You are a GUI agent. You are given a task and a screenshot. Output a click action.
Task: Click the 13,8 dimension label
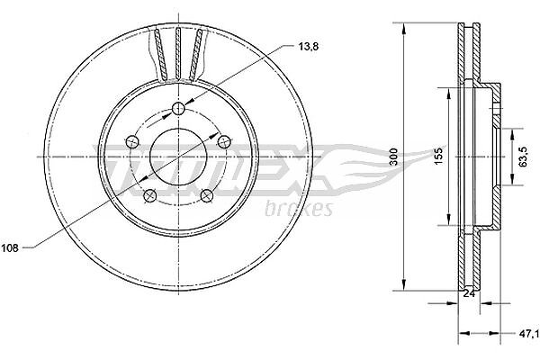point(308,47)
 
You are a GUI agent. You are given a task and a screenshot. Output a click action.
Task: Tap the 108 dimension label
point(9,247)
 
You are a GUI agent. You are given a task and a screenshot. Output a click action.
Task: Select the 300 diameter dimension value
point(394,156)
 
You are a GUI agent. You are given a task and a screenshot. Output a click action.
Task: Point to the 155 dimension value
point(438,156)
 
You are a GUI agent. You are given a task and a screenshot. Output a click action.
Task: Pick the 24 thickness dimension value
point(469,293)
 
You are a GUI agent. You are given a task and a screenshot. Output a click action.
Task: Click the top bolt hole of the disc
point(178,109)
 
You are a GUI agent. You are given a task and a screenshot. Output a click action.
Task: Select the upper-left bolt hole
point(132,141)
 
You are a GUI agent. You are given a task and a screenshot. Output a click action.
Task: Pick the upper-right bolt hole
point(224,141)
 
